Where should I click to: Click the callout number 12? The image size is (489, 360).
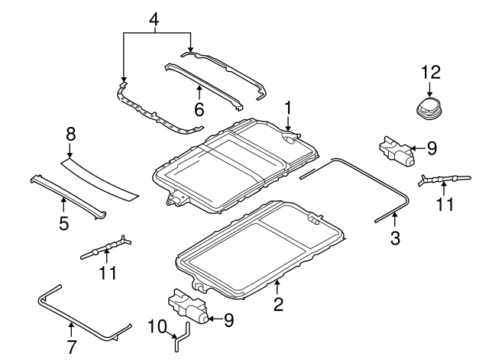click(431, 73)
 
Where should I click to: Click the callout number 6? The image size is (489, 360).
click(199, 110)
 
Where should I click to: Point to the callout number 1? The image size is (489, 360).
click(288, 107)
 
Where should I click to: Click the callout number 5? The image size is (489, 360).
click(63, 224)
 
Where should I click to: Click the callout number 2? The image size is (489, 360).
click(278, 305)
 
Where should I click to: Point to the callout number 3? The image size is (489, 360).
click(395, 238)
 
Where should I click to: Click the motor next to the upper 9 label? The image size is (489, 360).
click(397, 151)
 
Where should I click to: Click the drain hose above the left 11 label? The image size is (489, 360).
click(105, 248)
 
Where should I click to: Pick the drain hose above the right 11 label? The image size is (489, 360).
click(441, 180)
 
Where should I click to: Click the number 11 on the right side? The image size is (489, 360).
click(444, 204)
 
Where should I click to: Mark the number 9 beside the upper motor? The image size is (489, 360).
click(432, 148)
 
